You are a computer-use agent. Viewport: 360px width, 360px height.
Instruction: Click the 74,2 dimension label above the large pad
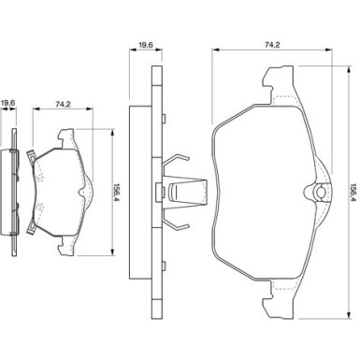272,45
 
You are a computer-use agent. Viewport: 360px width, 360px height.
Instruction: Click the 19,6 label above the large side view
145,45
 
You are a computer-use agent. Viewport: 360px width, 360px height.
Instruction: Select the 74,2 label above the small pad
64,105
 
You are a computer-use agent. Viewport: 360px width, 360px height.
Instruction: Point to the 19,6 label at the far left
8,102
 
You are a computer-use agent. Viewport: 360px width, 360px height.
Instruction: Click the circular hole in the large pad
320,193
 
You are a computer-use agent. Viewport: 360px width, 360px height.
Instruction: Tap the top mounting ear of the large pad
279,83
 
